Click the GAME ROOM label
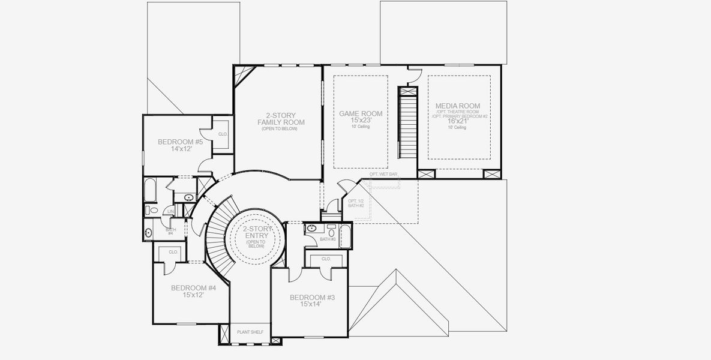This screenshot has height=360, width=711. click(x=361, y=113)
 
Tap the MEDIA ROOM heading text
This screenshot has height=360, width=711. click(x=460, y=106)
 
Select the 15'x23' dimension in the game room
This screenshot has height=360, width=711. click(x=361, y=121)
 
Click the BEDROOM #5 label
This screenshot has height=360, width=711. click(x=180, y=142)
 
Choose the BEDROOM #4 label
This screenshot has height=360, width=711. click(x=193, y=287)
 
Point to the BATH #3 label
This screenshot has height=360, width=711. click(x=328, y=239)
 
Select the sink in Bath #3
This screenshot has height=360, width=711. click(x=311, y=229)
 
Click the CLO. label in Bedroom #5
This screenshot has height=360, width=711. click(x=222, y=134)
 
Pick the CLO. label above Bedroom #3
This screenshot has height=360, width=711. click(x=326, y=259)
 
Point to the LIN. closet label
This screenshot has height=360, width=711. click(x=171, y=211)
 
